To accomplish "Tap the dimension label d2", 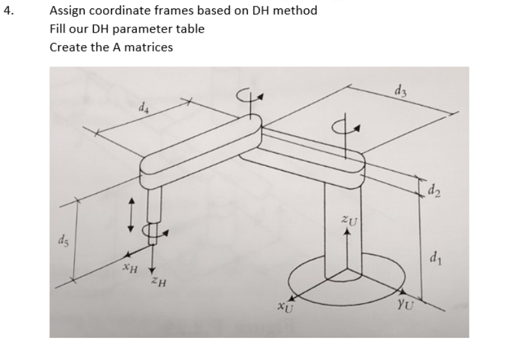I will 434,192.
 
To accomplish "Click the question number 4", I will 7,11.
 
